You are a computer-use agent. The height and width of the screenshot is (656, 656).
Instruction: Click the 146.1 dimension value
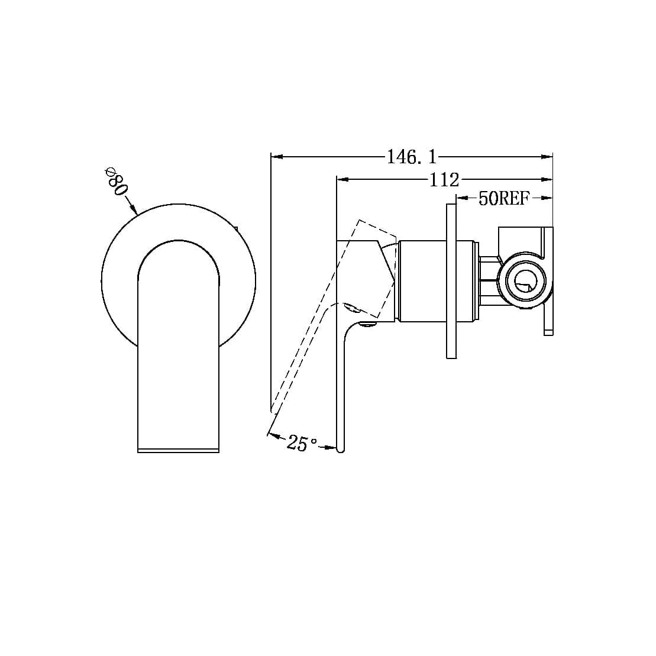tap(412, 157)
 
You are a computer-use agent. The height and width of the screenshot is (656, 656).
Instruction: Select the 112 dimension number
tap(444, 179)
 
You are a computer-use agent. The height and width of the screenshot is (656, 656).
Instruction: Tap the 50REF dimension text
tap(503, 198)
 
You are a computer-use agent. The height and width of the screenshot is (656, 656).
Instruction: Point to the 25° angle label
tap(302, 442)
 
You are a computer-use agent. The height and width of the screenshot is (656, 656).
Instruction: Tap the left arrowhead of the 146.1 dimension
tap(276, 157)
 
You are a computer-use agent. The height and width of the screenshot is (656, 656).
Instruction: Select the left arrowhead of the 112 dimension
tap(341, 179)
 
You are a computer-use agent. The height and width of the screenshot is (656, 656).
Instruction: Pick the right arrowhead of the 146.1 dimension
tap(547, 157)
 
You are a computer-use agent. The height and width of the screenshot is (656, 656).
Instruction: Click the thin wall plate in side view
tap(451, 281)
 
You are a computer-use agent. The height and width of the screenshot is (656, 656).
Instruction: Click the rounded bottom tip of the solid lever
tap(340, 450)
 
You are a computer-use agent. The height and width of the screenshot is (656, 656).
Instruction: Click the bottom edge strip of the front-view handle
tap(178, 451)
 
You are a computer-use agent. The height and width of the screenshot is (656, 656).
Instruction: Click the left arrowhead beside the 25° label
tap(273, 435)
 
